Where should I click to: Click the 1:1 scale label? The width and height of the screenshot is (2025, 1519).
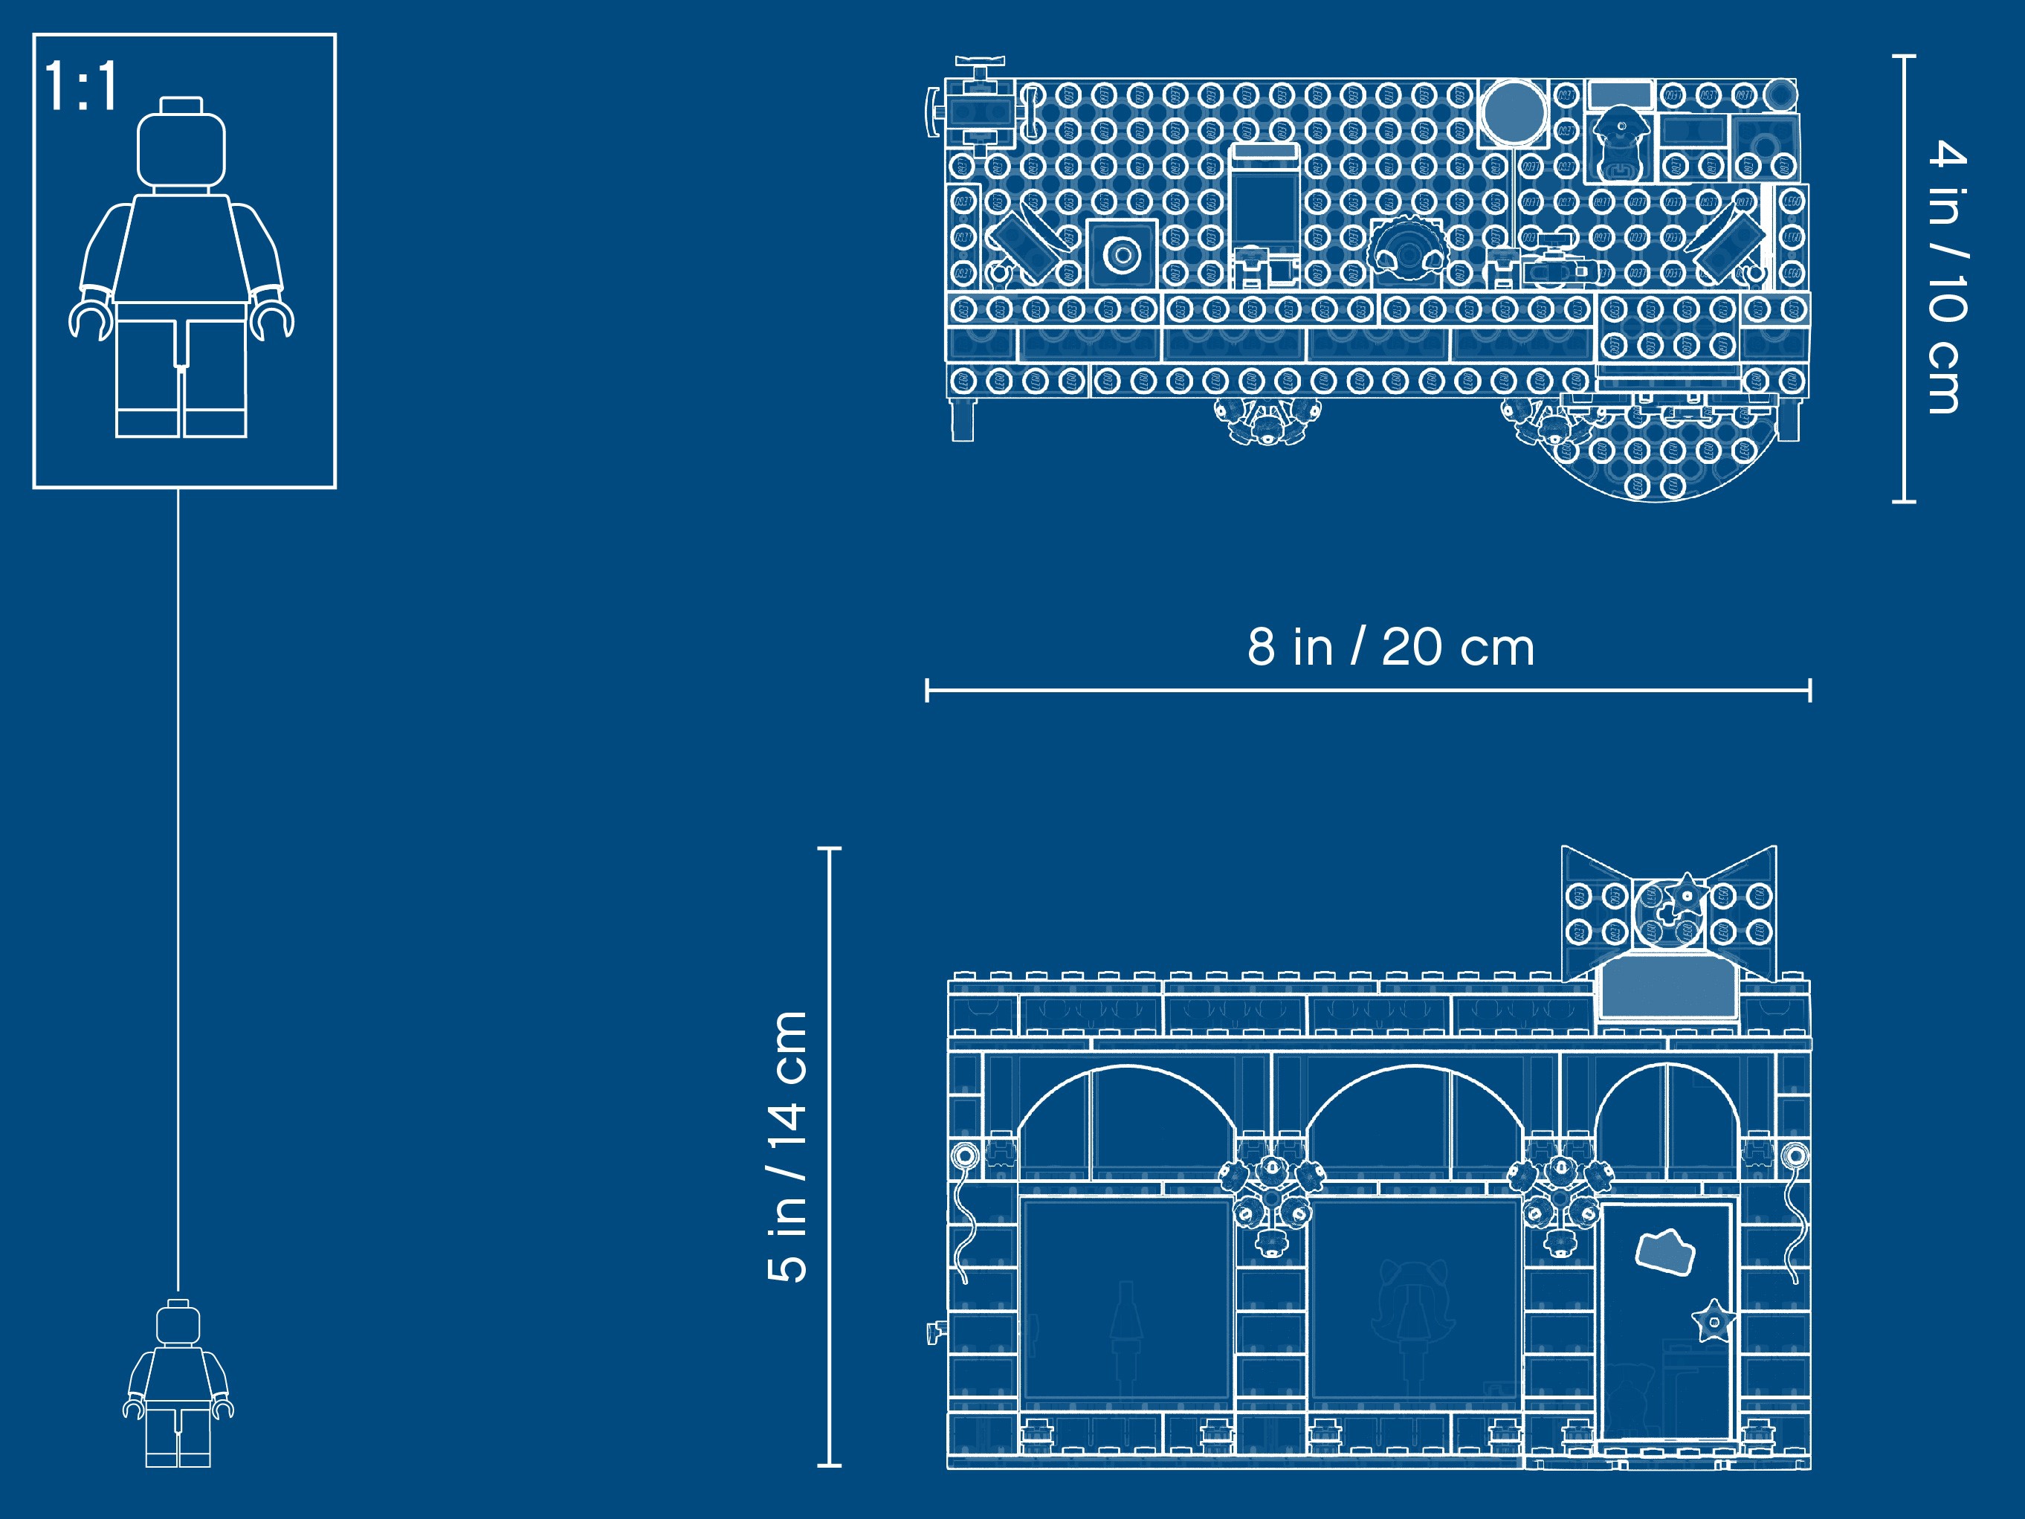80,87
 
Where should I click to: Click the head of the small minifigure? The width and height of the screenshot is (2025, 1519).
178,1324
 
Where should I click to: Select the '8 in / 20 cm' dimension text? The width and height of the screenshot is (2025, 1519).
1389,648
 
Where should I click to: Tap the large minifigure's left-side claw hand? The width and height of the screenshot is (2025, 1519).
88,320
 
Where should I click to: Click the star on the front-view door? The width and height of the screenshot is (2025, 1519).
1712,1321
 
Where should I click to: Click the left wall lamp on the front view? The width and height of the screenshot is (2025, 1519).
964,1156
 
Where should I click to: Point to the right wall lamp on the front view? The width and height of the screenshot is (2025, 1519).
1795,1156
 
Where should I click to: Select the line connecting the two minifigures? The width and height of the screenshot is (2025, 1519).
178,888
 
